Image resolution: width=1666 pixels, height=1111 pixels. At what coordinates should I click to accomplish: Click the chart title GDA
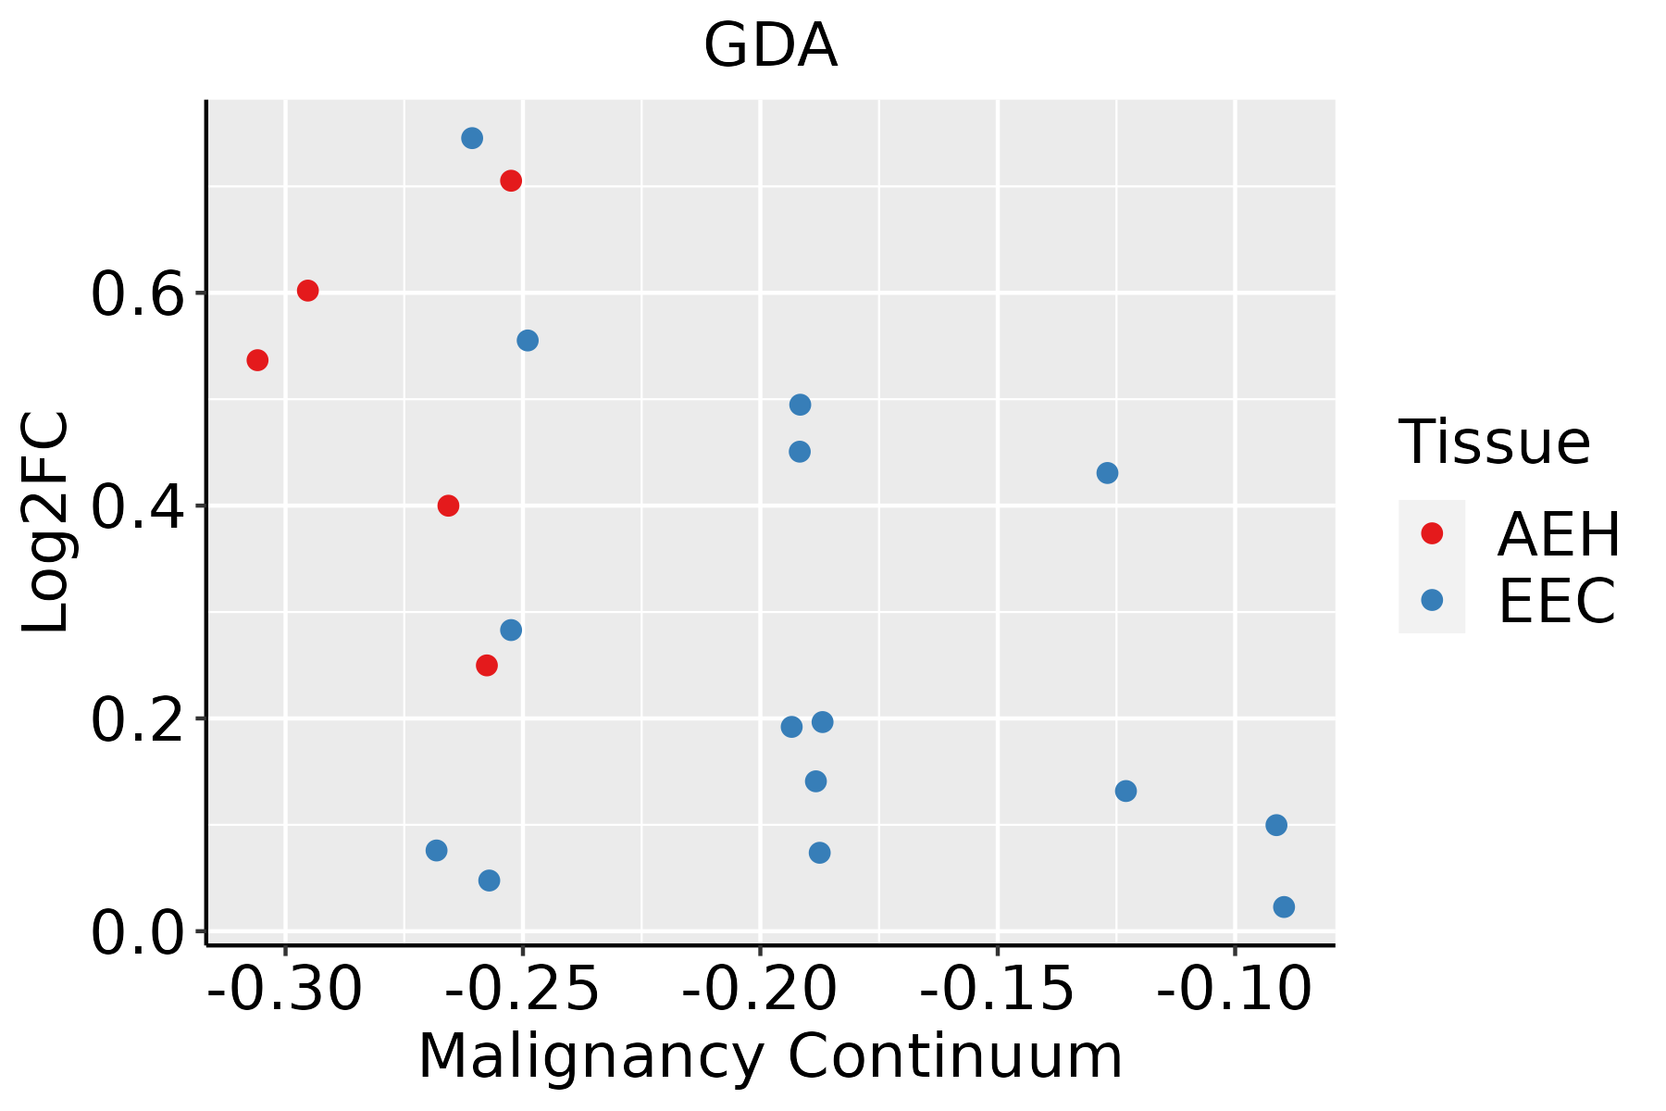(x=770, y=46)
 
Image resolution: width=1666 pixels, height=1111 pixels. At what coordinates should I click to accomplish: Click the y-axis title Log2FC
(x=46, y=523)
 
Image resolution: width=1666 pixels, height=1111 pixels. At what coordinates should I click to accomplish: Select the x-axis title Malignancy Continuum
(x=770, y=1056)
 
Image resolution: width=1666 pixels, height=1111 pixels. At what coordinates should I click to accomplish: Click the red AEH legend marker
(x=1432, y=533)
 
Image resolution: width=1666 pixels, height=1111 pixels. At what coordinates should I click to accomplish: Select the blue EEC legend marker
(x=1432, y=599)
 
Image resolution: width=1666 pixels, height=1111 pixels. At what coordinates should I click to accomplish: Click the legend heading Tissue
(x=1494, y=443)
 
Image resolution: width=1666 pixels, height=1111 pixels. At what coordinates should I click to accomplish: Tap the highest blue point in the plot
(x=472, y=138)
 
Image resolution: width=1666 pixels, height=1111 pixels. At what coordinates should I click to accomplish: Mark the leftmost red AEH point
(x=257, y=360)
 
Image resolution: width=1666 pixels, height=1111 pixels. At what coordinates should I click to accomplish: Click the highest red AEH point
(x=511, y=181)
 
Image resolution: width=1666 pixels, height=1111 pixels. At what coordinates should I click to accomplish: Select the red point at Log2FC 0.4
(x=448, y=506)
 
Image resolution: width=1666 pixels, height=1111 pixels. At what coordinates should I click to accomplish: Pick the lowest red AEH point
(x=487, y=665)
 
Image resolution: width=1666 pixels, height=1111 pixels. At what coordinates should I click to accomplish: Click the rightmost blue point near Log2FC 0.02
(x=1284, y=906)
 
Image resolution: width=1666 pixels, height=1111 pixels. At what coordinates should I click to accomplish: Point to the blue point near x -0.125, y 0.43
(x=1107, y=473)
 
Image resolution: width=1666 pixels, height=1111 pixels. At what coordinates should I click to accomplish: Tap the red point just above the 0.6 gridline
(x=307, y=291)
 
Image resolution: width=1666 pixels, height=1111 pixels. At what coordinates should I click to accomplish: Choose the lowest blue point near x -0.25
(x=490, y=880)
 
